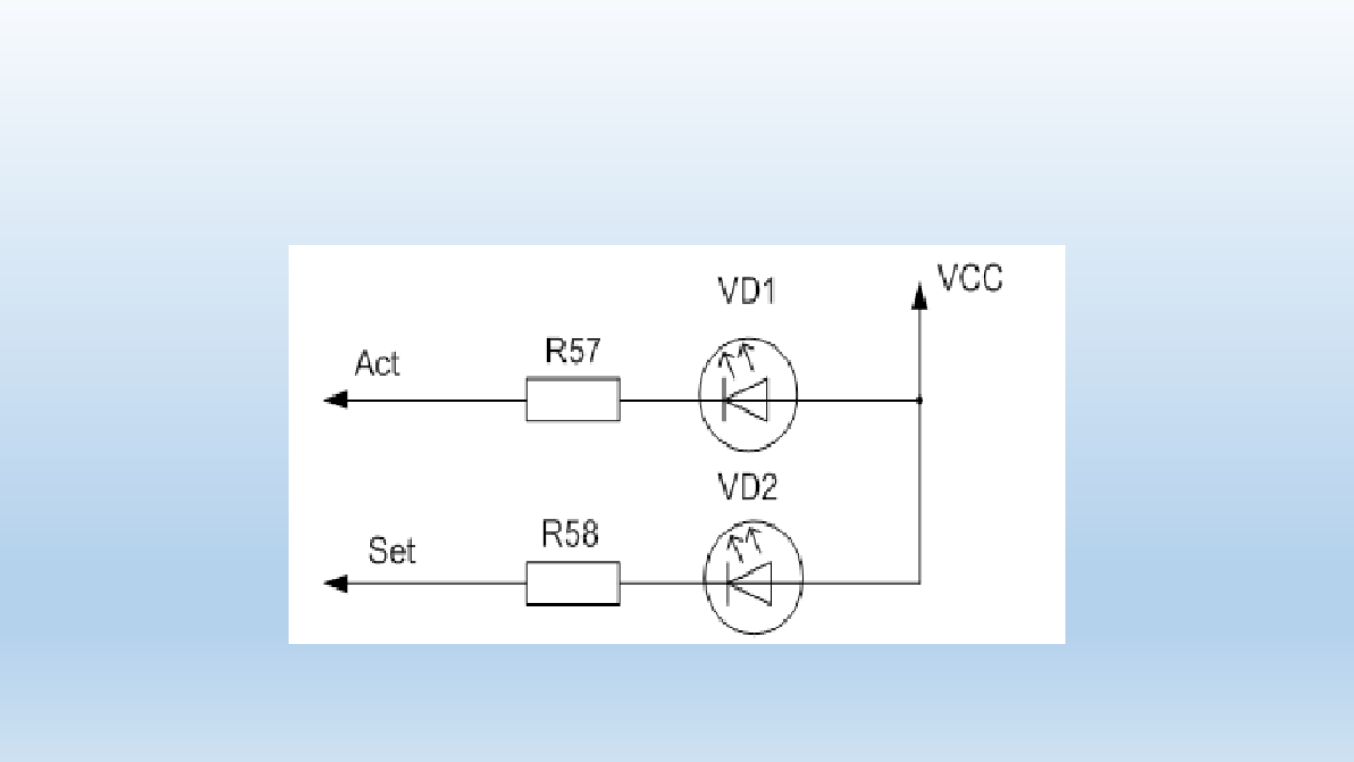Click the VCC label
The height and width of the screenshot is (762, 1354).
[969, 278]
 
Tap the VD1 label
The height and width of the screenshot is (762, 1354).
[747, 291]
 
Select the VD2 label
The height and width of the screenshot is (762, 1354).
[748, 487]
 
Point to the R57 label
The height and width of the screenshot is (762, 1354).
[573, 351]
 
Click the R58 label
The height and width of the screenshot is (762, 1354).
[570, 534]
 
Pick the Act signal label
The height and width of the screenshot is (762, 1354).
[376, 364]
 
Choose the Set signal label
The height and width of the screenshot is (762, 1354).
[392, 551]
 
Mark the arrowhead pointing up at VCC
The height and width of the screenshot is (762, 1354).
[920, 296]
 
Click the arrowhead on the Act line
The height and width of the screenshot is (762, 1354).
[336, 400]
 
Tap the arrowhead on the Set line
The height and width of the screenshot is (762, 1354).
[336, 583]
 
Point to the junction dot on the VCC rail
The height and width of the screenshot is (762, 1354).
[920, 401]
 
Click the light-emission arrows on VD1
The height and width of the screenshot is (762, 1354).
[736, 359]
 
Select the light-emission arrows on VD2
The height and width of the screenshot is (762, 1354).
[743, 544]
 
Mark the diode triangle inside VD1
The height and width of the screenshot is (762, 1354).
[747, 400]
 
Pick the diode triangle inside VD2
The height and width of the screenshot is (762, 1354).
[750, 583]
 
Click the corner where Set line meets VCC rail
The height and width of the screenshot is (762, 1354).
[920, 583]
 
